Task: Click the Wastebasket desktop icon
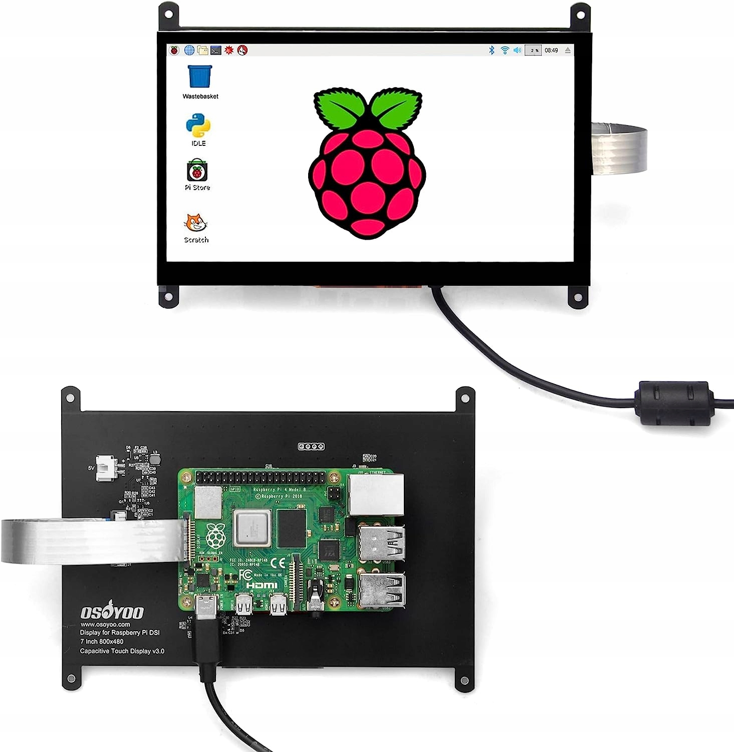200,77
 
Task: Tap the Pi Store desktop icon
197,171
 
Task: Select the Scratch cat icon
196,223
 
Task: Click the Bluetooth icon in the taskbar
492,50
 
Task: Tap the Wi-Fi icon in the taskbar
505,50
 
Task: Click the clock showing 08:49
551,50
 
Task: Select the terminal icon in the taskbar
216,50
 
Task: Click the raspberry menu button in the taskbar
174,50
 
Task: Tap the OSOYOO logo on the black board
112,612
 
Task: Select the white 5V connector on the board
107,468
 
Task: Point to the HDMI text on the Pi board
261,585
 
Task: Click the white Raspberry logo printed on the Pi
216,535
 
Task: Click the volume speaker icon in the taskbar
518,50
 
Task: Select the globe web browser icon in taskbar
189,50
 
